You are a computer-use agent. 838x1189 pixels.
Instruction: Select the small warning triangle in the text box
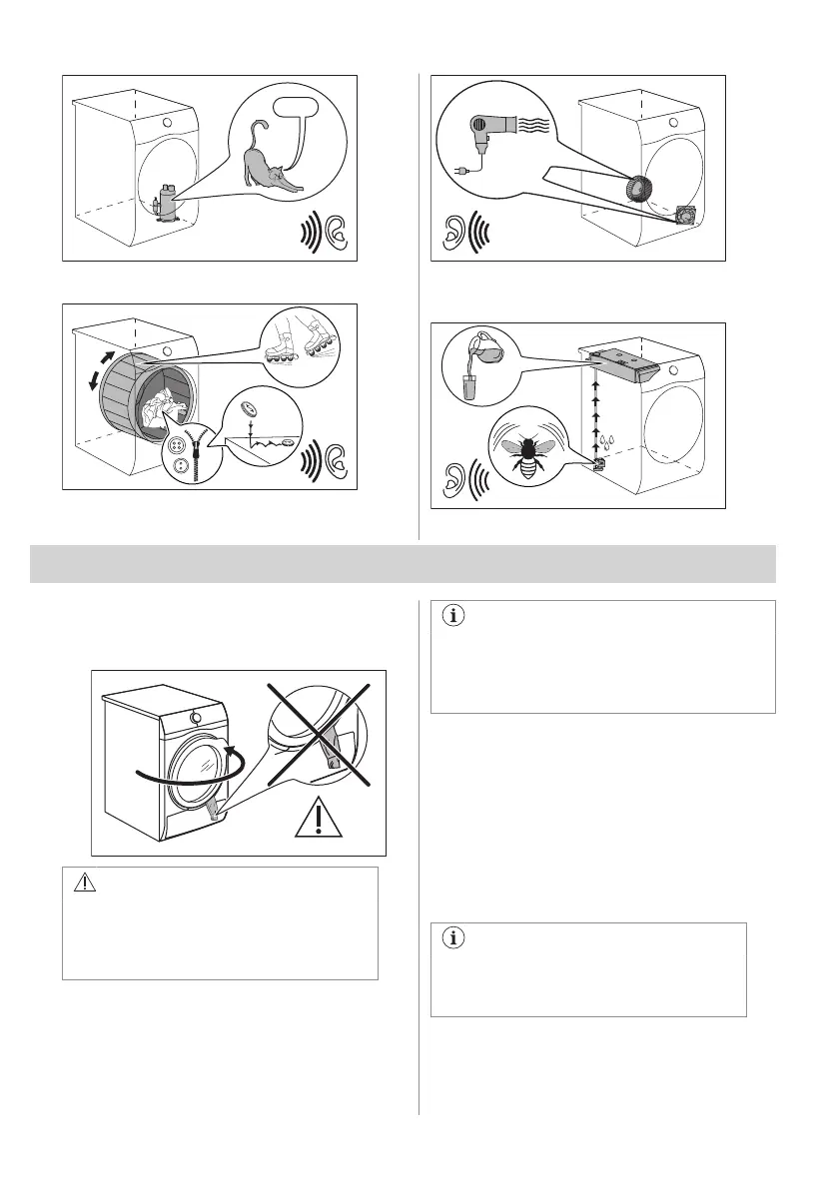[x=83, y=883]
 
